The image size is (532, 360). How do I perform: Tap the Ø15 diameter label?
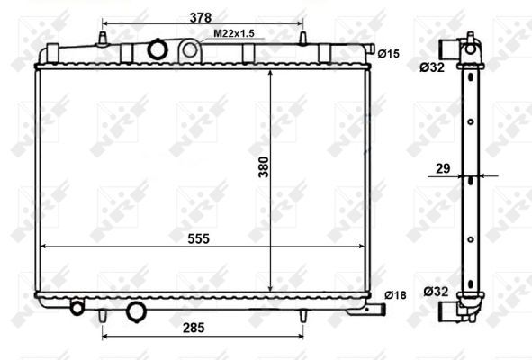pyautogui.click(x=388, y=54)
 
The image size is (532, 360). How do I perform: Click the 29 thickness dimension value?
pyautogui.click(x=444, y=168)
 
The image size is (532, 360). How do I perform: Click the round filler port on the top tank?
pyautogui.click(x=159, y=49)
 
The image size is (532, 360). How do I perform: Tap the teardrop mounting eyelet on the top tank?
pyautogui.click(x=190, y=50)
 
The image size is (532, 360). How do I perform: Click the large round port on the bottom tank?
pyautogui.click(x=137, y=311)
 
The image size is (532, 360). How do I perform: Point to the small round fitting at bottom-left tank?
pyautogui.click(x=77, y=309)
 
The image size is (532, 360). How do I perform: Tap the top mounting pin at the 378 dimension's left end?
pyautogui.click(x=103, y=39)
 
